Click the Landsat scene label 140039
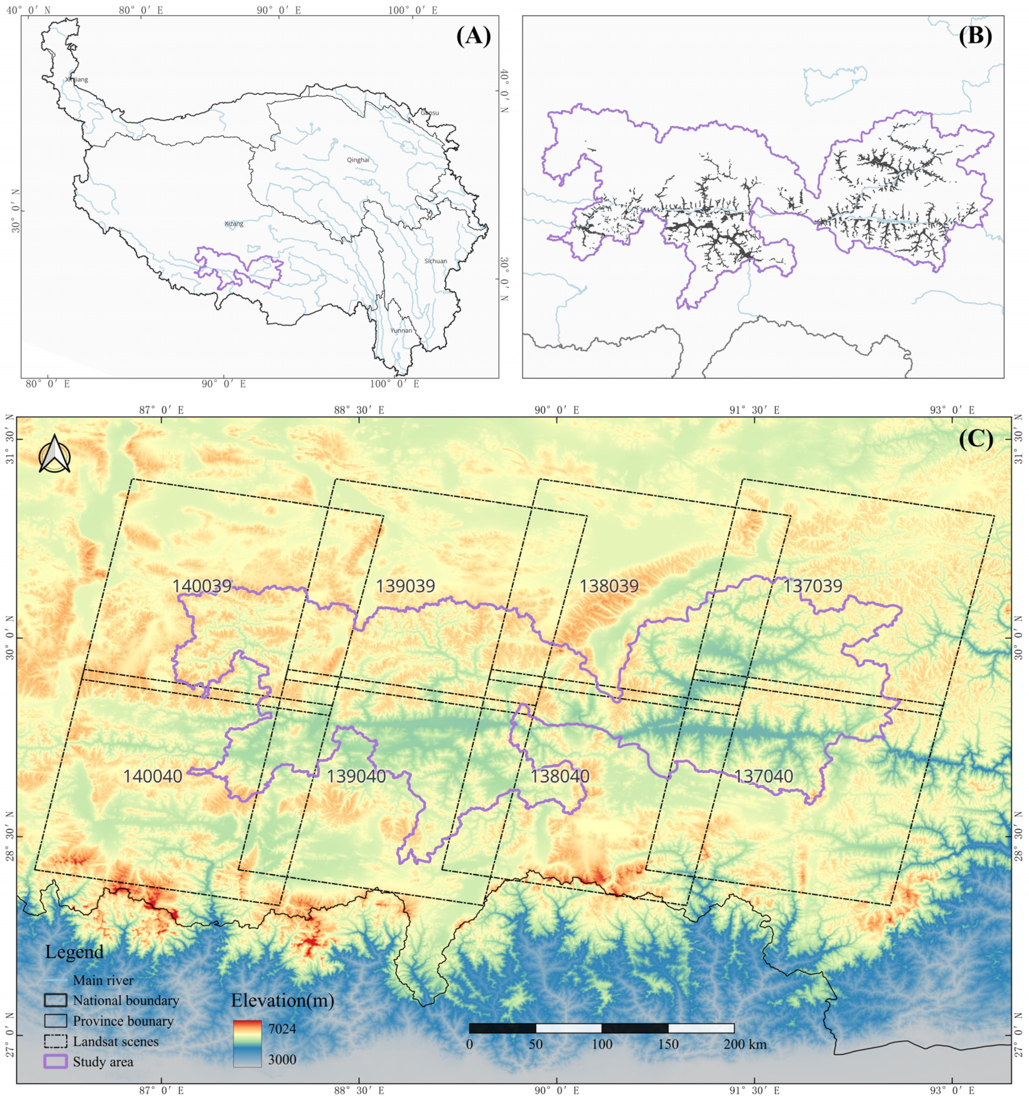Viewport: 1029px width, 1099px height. pos(202,586)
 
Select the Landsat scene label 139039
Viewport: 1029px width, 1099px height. pos(405,586)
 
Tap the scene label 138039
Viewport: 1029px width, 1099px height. pos(608,586)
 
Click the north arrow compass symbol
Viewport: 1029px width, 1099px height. pos(54,455)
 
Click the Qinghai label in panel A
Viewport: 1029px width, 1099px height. pos(358,160)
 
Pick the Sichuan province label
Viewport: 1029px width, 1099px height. pos(436,261)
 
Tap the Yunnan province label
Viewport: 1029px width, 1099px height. pos(401,331)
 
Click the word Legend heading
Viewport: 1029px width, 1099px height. pos(74,952)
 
